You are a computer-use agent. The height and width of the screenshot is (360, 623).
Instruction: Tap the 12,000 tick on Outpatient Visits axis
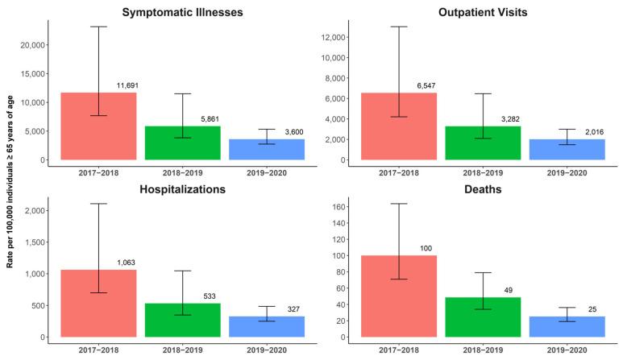click(329, 37)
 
